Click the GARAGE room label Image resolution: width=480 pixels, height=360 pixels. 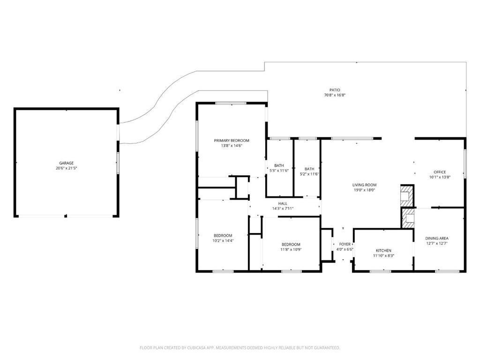(x=67, y=163)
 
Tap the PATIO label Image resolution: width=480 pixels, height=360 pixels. (x=335, y=90)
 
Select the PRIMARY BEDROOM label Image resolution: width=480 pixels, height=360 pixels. (x=232, y=141)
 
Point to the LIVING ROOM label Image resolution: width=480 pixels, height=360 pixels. (x=364, y=185)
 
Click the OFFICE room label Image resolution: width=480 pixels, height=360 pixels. (x=440, y=172)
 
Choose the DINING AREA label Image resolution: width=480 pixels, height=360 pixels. (x=437, y=239)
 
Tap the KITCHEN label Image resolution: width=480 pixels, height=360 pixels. (x=383, y=250)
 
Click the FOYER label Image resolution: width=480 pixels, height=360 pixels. (x=345, y=244)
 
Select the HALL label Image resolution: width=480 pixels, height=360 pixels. (x=283, y=203)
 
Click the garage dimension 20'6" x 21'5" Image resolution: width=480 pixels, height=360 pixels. (x=67, y=168)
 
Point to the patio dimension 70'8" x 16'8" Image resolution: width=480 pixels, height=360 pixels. (x=335, y=95)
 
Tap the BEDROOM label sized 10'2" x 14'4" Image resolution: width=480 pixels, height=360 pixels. (x=223, y=235)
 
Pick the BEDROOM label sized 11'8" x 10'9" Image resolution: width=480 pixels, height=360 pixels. (x=291, y=244)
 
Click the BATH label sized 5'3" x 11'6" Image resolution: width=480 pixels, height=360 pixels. (x=279, y=165)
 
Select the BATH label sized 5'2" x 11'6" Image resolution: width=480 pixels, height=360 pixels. (x=309, y=169)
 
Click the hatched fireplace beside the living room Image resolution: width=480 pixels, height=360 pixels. (x=407, y=196)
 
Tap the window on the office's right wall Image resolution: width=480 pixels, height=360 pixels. (x=465, y=164)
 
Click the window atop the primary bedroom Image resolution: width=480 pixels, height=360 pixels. (x=231, y=103)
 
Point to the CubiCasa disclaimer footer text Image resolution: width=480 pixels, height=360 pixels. (x=240, y=348)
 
